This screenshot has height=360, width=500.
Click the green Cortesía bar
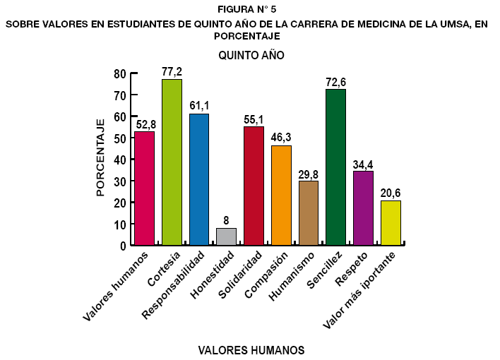click(172, 162)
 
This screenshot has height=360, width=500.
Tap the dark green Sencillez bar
click(335, 167)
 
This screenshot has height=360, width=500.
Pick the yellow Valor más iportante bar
click(391, 223)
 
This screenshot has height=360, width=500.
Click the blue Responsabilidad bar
click(199, 179)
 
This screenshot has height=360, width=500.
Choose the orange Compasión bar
click(281, 196)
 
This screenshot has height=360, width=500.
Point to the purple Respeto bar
click(363, 208)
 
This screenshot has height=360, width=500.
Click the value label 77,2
click(172, 72)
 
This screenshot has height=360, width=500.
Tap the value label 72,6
click(335, 82)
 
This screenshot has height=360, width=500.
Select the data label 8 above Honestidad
click(226, 221)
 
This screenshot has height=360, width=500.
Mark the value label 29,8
click(308, 174)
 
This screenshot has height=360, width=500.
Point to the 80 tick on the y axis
click(119, 73)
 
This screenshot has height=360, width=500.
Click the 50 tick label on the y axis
click(119, 138)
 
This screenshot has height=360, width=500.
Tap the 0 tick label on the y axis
click(122, 246)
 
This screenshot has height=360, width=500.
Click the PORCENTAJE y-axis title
click(101, 157)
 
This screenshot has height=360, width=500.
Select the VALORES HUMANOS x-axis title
click(251, 350)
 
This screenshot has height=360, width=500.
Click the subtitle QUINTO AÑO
click(251, 55)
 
